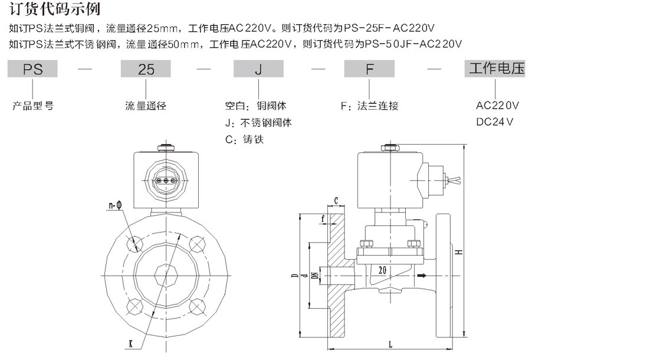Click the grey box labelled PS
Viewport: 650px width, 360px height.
[x=32, y=70]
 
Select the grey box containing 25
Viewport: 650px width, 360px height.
[x=146, y=70]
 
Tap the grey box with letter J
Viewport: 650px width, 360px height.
[x=258, y=70]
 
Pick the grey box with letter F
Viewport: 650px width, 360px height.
[x=370, y=70]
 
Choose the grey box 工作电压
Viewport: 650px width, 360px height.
[x=496, y=69]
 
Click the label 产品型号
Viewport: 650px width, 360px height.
[x=33, y=106]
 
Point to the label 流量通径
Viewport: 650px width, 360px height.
[x=146, y=106]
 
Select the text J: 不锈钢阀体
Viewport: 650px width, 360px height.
[x=258, y=123]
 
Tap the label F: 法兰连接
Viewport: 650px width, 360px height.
[x=370, y=106]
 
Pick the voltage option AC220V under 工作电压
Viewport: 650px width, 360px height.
[x=497, y=106]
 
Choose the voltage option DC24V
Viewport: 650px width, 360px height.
[x=494, y=122]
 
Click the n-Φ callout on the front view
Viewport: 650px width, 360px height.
[x=115, y=205]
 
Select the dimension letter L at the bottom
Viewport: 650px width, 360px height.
[x=390, y=343]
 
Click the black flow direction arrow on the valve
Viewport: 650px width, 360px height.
[x=421, y=275]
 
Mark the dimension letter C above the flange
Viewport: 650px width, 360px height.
[x=336, y=201]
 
